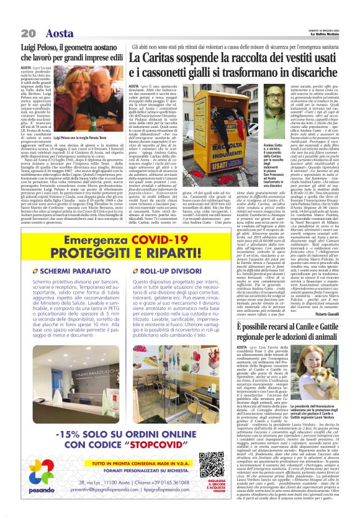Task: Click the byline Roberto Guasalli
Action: point(340,314)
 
